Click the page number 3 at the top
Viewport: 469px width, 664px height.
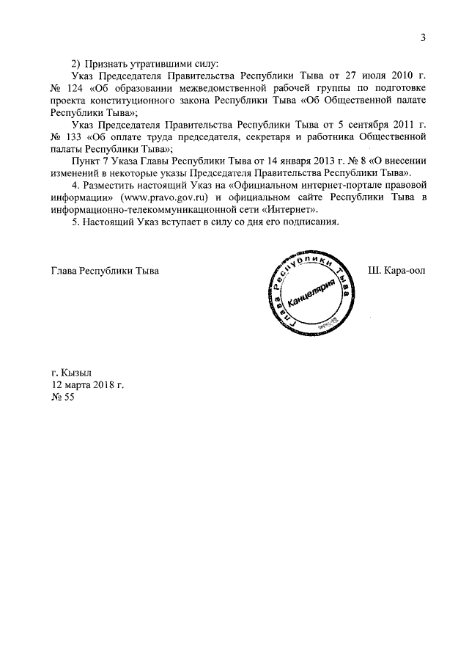pyautogui.click(x=424, y=39)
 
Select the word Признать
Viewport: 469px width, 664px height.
pyautogui.click(x=108, y=62)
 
